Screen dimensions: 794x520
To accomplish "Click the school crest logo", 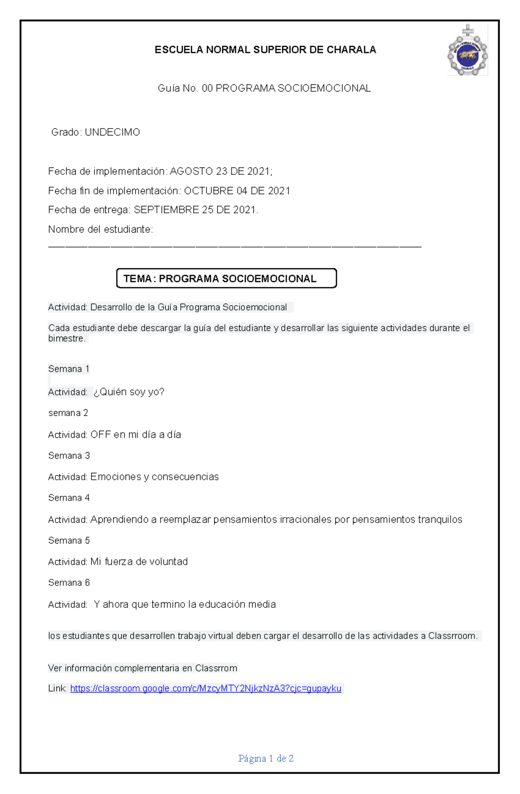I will coord(468,51).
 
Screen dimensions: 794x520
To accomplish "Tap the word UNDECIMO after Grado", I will coord(112,132).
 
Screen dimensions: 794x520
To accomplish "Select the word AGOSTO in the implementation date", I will coord(191,171).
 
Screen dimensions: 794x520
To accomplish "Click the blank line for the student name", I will coord(234,246).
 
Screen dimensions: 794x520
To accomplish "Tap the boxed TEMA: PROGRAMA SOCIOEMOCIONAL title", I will coord(226,278).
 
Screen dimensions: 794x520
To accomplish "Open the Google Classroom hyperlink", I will coord(206,688).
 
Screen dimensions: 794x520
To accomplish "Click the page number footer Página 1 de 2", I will coord(266,758).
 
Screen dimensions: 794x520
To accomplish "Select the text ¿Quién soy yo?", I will coord(129,392).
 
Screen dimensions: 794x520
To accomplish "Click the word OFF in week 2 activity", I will coord(101,434).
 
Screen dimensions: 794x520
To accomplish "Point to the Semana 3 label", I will coord(69,456).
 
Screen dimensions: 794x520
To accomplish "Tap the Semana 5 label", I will coord(69,540).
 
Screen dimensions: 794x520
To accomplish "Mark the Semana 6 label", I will coord(69,583).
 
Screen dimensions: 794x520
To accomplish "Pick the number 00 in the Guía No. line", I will coord(207,88).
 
